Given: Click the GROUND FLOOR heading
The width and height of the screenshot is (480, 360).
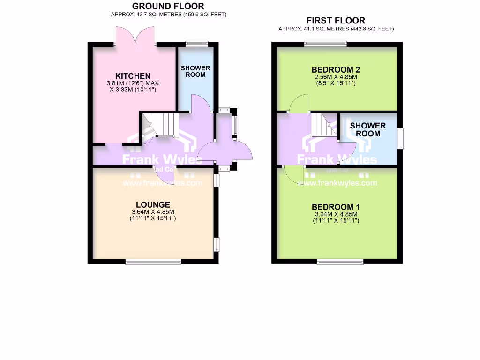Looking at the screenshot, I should tap(168, 6).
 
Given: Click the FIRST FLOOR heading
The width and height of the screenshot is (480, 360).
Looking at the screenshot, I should tap(336, 21).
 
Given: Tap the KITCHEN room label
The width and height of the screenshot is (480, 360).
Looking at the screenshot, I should tap(133, 76).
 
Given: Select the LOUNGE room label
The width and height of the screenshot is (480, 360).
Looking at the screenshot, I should tap(153, 205).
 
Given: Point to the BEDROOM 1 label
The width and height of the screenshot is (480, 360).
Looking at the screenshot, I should tap(336, 207).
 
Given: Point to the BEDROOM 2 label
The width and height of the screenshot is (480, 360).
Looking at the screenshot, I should tap(336, 70).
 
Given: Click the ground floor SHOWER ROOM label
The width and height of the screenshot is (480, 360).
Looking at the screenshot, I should tap(195, 71).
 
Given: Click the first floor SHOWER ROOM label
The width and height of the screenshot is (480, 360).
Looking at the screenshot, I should tap(368, 129).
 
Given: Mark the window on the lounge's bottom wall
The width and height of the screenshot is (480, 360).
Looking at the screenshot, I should tap(153, 261).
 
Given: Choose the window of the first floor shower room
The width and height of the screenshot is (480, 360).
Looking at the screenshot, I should tap(400, 139).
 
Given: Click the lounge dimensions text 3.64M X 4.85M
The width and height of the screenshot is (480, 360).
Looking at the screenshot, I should tap(153, 212).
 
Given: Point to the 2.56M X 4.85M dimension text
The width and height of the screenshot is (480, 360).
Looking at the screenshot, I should tap(336, 77).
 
